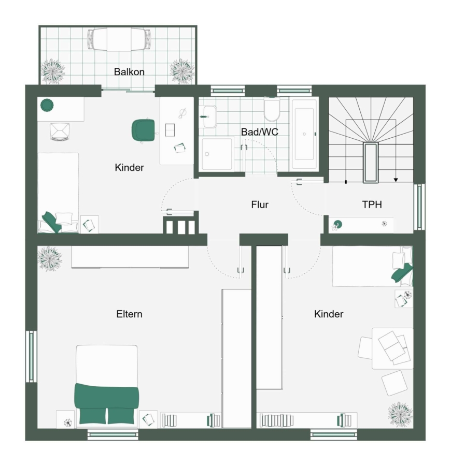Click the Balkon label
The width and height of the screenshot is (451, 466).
pyautogui.click(x=129, y=71)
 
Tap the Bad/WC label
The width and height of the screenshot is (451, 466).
pyautogui.click(x=259, y=132)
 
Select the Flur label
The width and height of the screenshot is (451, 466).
pyautogui.click(x=260, y=205)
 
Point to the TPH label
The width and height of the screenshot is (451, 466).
pyautogui.click(x=372, y=205)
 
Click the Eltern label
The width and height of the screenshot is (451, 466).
pyautogui.click(x=129, y=314)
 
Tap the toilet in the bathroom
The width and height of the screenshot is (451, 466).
pyautogui.click(x=272, y=110)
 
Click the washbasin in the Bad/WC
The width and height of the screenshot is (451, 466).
pyautogui.click(x=210, y=116)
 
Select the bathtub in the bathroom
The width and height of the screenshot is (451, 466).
pyautogui.click(x=304, y=134)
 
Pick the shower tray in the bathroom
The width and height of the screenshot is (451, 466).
pyautogui.click(x=217, y=154)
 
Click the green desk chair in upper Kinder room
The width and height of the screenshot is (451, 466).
pyautogui.click(x=144, y=130)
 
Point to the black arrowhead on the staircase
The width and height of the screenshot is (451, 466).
pyautogui.click(x=396, y=180)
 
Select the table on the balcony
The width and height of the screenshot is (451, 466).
pyautogui.click(x=119, y=39)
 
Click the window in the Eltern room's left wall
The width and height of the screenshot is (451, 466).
pyautogui.click(x=31, y=356)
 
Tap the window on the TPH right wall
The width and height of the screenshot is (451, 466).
pyautogui.click(x=419, y=207)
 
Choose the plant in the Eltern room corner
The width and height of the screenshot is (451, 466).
pyautogui.click(x=50, y=258)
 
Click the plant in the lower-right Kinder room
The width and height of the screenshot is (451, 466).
pyautogui.click(x=400, y=414)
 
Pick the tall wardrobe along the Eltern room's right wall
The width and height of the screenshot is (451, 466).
pyautogui.click(x=237, y=358)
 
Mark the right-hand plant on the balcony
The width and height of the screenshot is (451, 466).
pyautogui.click(x=182, y=71)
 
